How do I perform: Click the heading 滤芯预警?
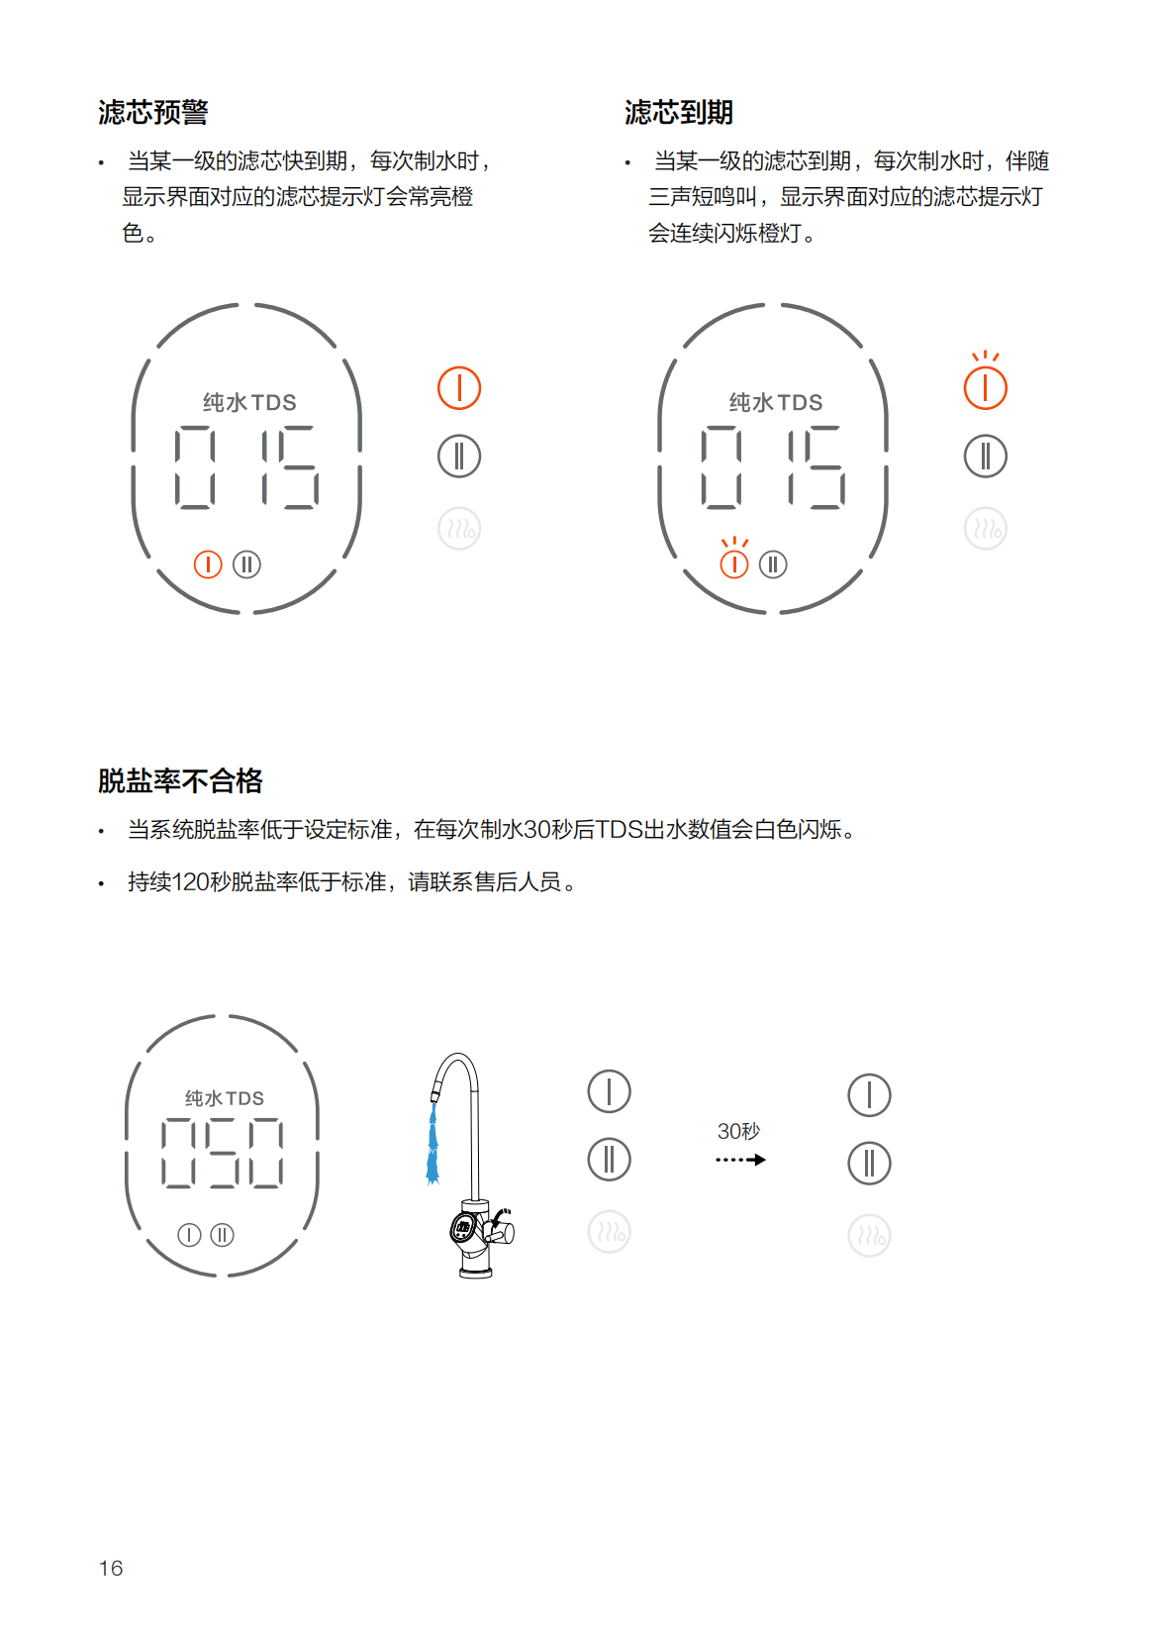tap(153, 113)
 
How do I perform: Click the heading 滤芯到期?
tap(679, 113)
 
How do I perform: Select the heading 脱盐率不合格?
tap(180, 781)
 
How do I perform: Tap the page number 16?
tap(111, 1568)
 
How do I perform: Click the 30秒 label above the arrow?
tap(738, 1131)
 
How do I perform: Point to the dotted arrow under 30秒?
tap(740, 1160)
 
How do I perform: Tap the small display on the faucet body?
tap(463, 1227)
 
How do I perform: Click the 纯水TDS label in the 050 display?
tap(225, 1098)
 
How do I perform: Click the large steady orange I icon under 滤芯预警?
tap(459, 387)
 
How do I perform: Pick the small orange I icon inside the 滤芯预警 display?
tap(208, 564)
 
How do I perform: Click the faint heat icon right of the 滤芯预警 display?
tap(459, 529)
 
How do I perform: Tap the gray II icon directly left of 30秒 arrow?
tap(609, 1159)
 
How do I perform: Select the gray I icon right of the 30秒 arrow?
tap(869, 1094)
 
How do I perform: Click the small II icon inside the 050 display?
tap(222, 1235)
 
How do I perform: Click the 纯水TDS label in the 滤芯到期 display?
tap(776, 402)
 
